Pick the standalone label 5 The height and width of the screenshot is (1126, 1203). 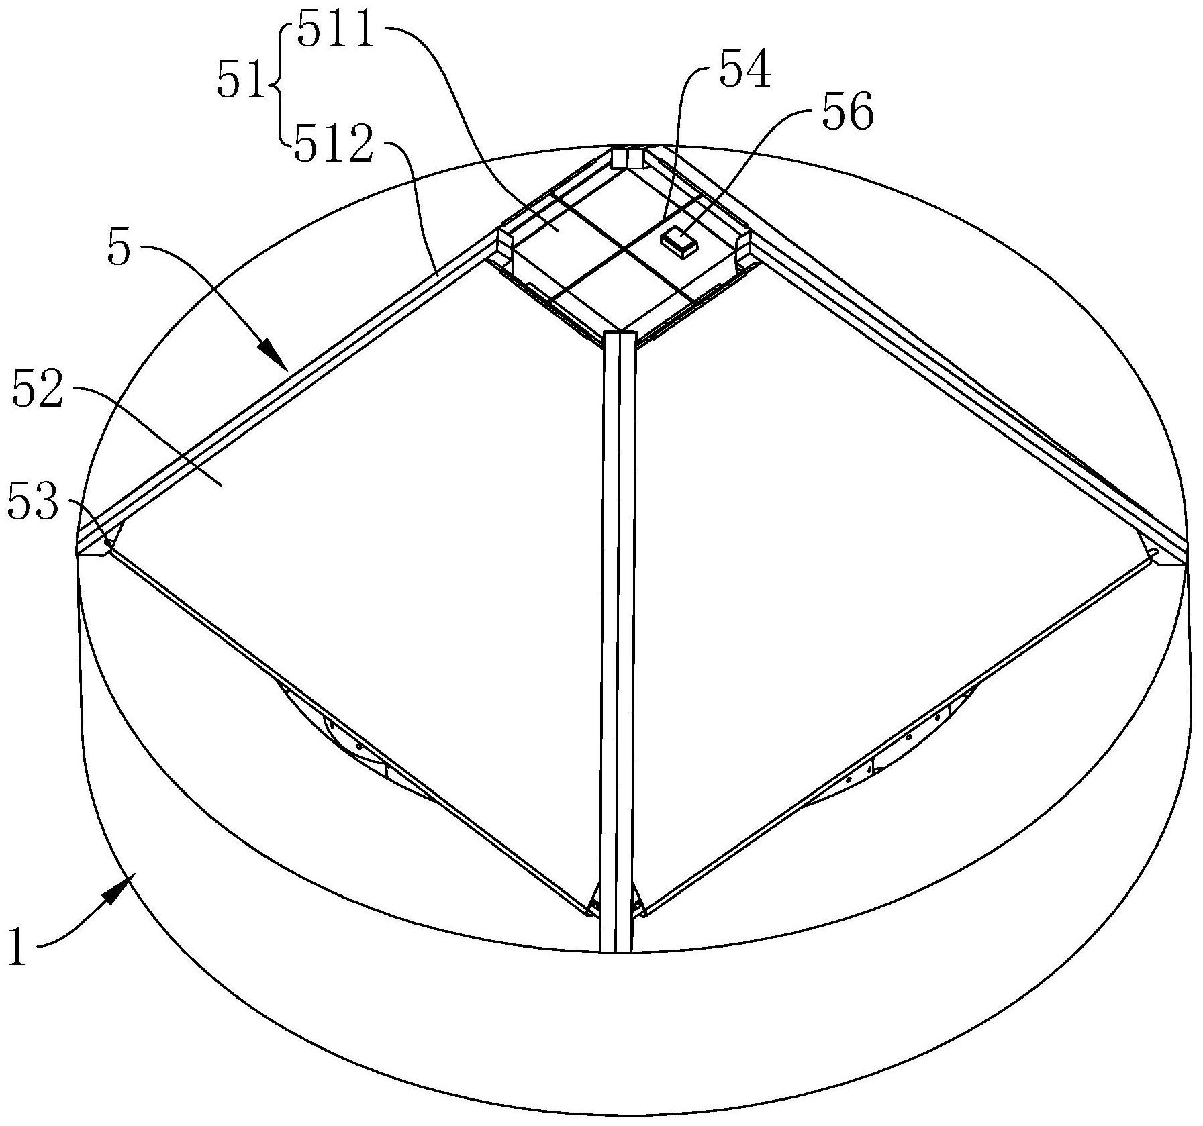tap(119, 251)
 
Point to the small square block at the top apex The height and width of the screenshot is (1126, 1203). tap(628, 158)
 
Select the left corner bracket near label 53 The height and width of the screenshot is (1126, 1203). tap(97, 541)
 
